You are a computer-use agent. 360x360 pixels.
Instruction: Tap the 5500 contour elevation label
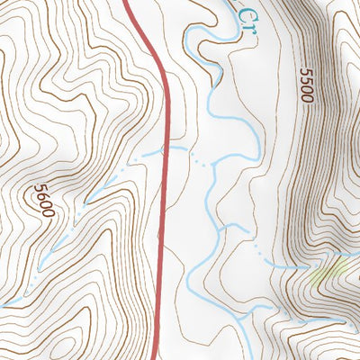pos(306,85)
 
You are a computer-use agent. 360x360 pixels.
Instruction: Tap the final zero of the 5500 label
pos(307,97)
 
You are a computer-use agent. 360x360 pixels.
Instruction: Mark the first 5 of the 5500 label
pos(305,73)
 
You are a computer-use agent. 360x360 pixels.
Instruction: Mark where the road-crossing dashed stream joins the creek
pos(213,165)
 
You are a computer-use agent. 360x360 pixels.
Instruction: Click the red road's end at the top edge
pos(125,2)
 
